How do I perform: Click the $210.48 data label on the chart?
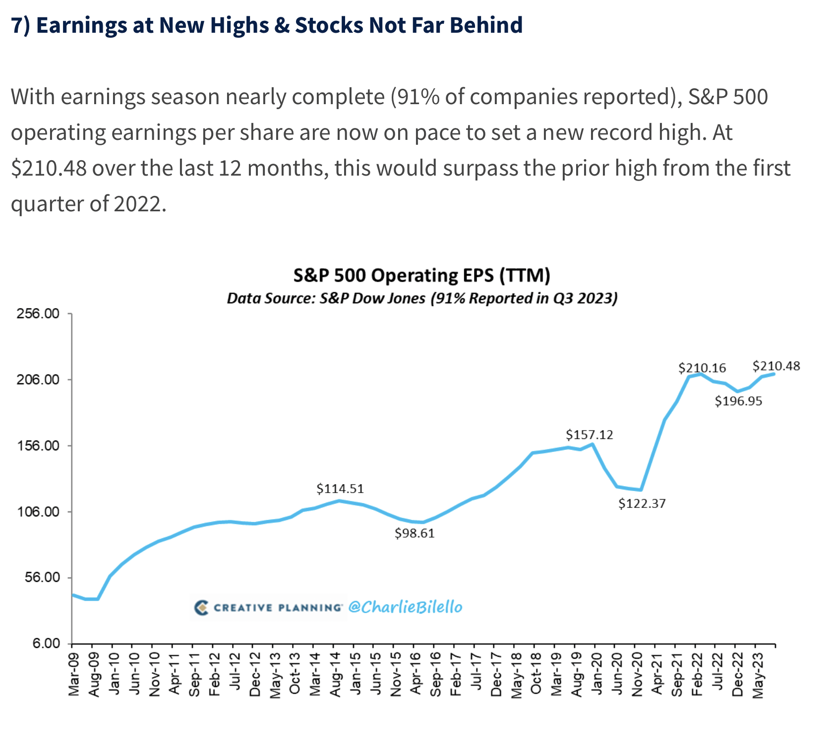[x=776, y=366]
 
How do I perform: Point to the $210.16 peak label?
[x=702, y=368]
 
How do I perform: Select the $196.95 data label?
[x=738, y=401]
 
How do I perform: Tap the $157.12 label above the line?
[x=590, y=435]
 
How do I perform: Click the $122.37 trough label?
[x=642, y=504]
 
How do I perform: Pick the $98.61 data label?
[x=415, y=533]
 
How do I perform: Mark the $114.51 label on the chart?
[x=340, y=489]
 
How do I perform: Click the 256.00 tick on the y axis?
[x=38, y=314]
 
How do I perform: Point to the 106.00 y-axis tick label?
[x=38, y=512]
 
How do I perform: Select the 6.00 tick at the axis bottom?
[x=46, y=644]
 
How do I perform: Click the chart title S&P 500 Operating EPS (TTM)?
[x=422, y=275]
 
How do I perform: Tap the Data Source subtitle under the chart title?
[x=422, y=299]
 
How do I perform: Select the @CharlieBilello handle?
[x=405, y=607]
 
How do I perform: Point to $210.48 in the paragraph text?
[x=49, y=169]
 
